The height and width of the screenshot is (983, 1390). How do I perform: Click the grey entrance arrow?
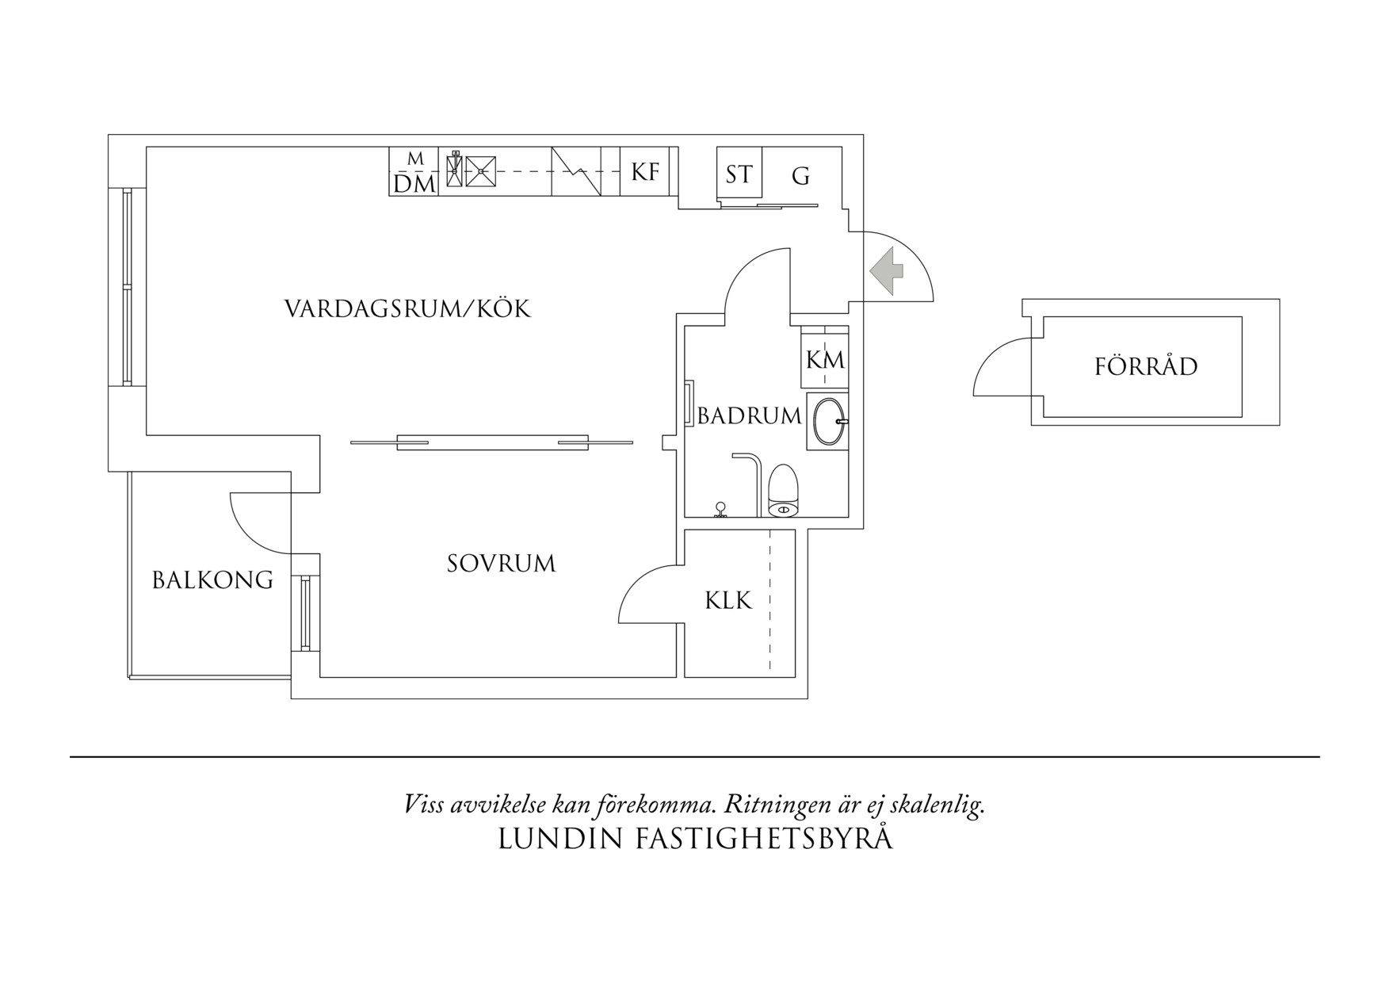[x=887, y=271]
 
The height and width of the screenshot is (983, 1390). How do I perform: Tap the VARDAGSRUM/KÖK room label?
[x=407, y=308]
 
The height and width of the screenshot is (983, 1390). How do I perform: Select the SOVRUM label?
[x=501, y=564]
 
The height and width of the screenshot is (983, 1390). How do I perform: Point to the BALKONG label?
[x=212, y=580]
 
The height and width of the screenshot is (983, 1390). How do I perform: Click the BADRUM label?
[x=749, y=415]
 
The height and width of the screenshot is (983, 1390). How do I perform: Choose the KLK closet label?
[x=728, y=601]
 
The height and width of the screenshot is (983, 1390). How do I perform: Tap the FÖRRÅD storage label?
[x=1146, y=367]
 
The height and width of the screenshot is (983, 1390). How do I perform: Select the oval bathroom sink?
[x=829, y=422]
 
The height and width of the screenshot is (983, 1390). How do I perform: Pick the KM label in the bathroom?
[x=825, y=361]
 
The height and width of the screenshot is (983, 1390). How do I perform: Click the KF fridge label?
[x=645, y=172]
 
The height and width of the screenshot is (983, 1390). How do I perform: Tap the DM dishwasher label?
[x=414, y=185]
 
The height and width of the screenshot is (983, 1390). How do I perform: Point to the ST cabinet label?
[x=739, y=174]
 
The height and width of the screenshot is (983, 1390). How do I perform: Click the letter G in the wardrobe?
[x=801, y=176]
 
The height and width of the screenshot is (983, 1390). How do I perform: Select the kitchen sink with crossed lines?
[x=480, y=170]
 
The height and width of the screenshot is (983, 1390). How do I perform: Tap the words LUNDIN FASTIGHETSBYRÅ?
[x=695, y=840]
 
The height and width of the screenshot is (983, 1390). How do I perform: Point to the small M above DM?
[x=415, y=159]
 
